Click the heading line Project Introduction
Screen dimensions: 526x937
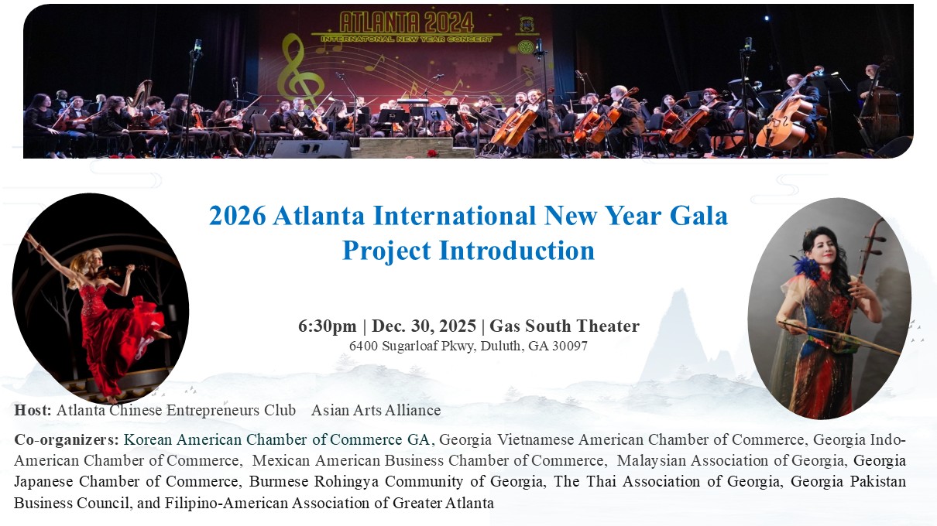468,250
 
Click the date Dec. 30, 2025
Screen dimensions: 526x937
425,326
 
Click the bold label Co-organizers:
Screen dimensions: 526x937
67,440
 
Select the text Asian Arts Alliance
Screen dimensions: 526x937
376,410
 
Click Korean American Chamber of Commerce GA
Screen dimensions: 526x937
276,440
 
